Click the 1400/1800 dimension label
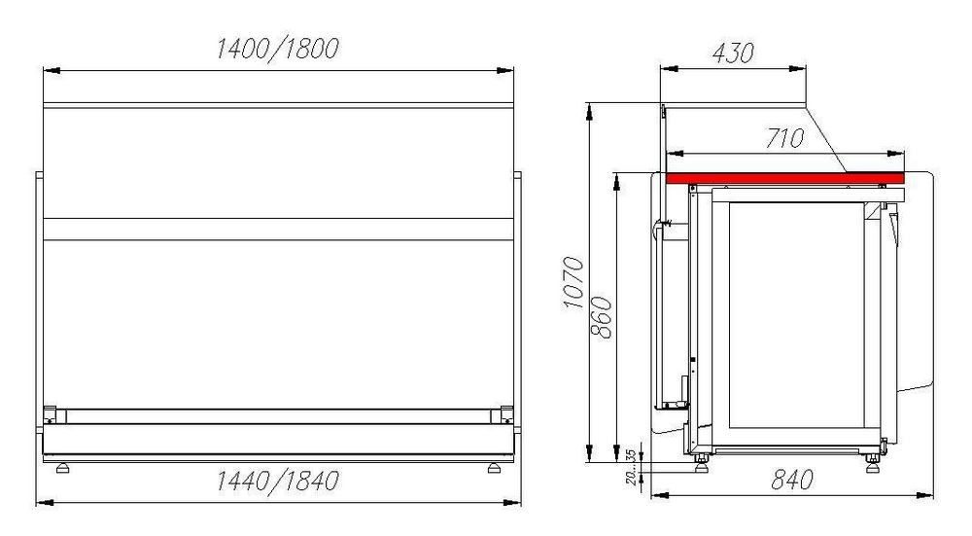[278, 49]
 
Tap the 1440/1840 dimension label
[278, 481]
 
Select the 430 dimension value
[733, 54]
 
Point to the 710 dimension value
[784, 138]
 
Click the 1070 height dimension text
[573, 283]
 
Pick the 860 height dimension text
[602, 318]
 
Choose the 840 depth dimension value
[791, 480]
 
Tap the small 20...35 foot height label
[631, 467]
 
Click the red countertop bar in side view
[785, 179]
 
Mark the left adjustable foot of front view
[62, 468]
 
